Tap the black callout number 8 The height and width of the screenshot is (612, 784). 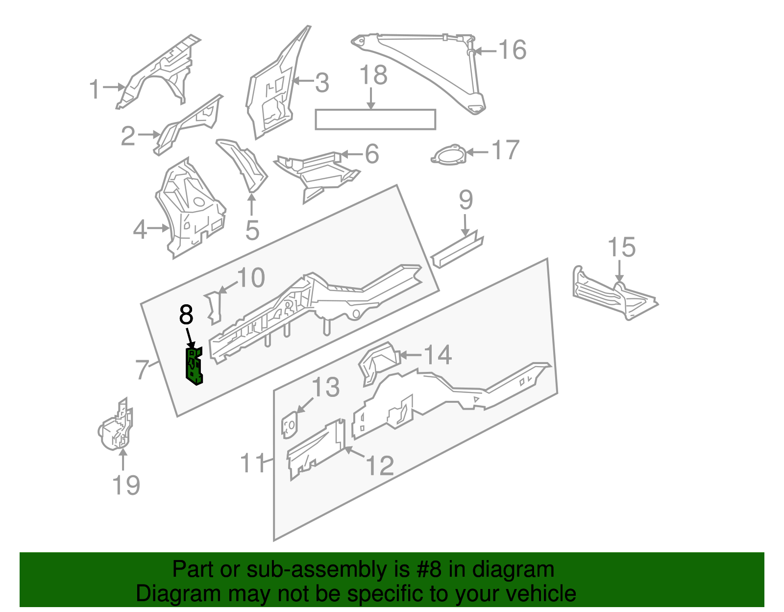[x=186, y=315]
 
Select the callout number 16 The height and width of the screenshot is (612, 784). [x=512, y=50]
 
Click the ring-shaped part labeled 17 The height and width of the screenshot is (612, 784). [x=448, y=155]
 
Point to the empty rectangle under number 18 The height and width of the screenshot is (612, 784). [x=375, y=120]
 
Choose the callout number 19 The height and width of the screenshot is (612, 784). [x=126, y=485]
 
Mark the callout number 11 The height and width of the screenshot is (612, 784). [x=253, y=463]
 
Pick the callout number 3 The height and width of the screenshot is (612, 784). [x=322, y=83]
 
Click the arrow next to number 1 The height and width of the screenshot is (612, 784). [x=115, y=87]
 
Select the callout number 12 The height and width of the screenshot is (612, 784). [x=380, y=465]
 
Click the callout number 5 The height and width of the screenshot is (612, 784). [x=252, y=230]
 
